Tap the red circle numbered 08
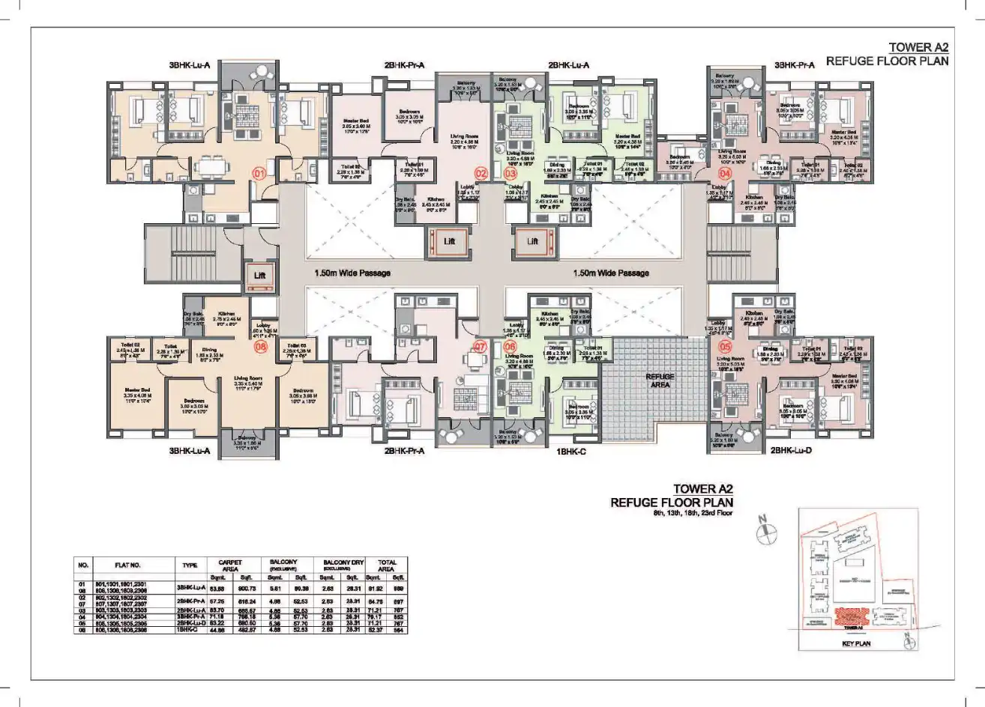[260, 347]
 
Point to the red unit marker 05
[724, 347]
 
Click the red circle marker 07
[480, 347]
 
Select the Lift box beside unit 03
[532, 242]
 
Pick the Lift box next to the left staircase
[259, 276]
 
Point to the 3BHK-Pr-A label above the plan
[795, 66]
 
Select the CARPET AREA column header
[229, 565]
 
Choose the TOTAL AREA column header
[388, 565]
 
